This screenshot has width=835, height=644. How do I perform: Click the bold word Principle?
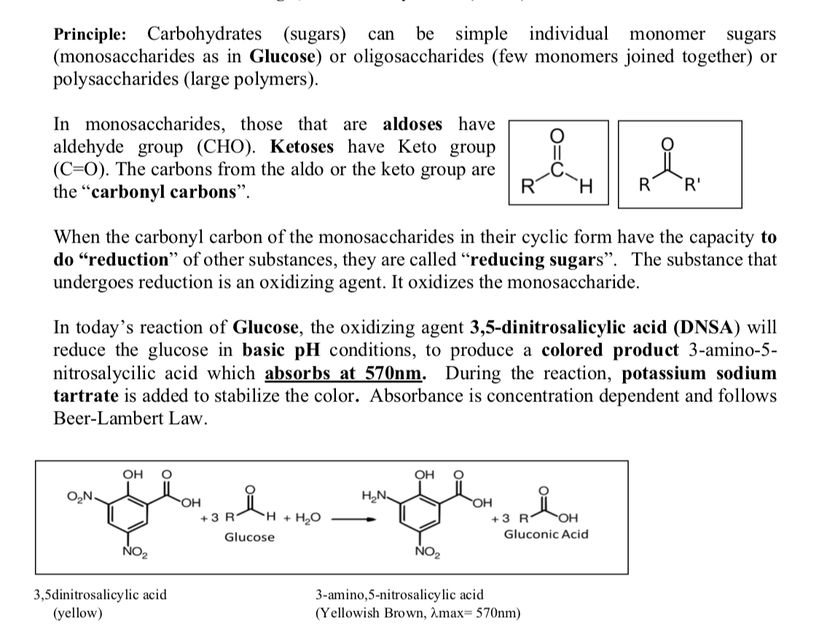90,34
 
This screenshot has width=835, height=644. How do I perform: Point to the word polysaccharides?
110,79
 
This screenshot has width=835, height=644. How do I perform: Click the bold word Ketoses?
302,147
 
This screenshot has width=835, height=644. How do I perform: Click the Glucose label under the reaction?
250,538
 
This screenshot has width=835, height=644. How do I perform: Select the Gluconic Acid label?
546,535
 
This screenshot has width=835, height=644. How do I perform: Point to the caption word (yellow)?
79,612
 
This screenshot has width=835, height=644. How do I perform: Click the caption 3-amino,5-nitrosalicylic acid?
399,594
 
